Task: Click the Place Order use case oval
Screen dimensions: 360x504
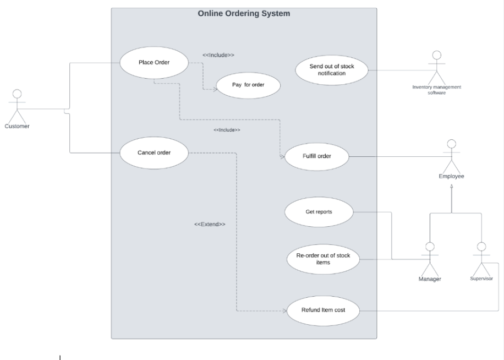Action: pyautogui.click(x=154, y=62)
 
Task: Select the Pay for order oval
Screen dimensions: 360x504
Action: pyautogui.click(x=248, y=85)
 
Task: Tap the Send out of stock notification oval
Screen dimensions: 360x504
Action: pyautogui.click(x=332, y=70)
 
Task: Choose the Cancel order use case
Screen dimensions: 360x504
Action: pyautogui.click(x=154, y=152)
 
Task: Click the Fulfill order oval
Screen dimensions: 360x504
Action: pyautogui.click(x=316, y=156)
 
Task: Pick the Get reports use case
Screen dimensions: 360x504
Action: pyautogui.click(x=319, y=212)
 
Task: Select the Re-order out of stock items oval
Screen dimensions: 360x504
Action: pyautogui.click(x=323, y=259)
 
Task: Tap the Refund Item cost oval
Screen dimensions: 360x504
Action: pyautogui.click(x=324, y=310)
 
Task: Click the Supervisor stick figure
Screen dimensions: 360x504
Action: pyautogui.click(x=481, y=258)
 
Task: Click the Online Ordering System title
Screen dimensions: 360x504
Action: pyautogui.click(x=244, y=13)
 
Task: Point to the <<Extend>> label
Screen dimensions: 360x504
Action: pyautogui.click(x=210, y=225)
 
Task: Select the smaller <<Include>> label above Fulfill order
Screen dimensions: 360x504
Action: pyautogui.click(x=227, y=130)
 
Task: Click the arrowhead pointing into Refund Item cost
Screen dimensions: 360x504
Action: pyautogui.click(x=284, y=311)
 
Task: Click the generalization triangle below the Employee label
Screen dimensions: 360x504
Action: pyautogui.click(x=451, y=187)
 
